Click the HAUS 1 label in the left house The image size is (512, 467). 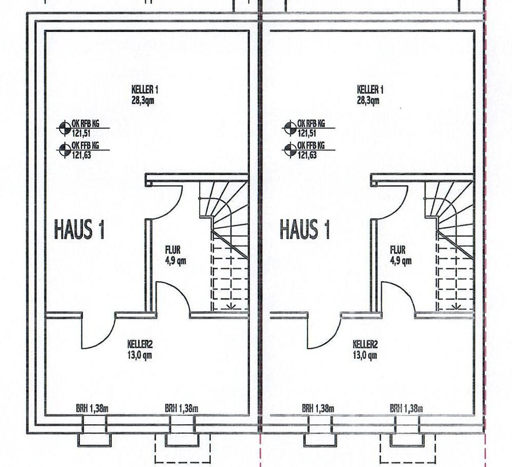pyautogui.click(x=79, y=229)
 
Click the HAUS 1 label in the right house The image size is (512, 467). pyautogui.click(x=304, y=229)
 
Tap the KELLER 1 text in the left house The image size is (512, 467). pyautogui.click(x=145, y=89)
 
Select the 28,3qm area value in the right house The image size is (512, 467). pyautogui.click(x=368, y=100)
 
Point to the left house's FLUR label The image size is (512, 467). pyautogui.click(x=173, y=250)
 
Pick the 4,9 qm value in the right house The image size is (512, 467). pyautogui.click(x=401, y=261)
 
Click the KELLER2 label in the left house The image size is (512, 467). pyautogui.click(x=140, y=344)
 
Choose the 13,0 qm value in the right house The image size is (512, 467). pyautogui.click(x=365, y=355)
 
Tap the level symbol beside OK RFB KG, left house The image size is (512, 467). pyautogui.click(x=64, y=128)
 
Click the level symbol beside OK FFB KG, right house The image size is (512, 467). pyautogui.click(x=289, y=150)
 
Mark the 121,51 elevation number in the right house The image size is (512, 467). pyautogui.click(x=307, y=133)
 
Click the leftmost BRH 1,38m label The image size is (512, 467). pyautogui.click(x=93, y=408)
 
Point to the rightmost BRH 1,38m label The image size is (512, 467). pyautogui.click(x=406, y=408)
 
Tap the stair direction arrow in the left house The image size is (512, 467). pyautogui.click(x=231, y=306)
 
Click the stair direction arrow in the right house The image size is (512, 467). pyautogui.click(x=456, y=306)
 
